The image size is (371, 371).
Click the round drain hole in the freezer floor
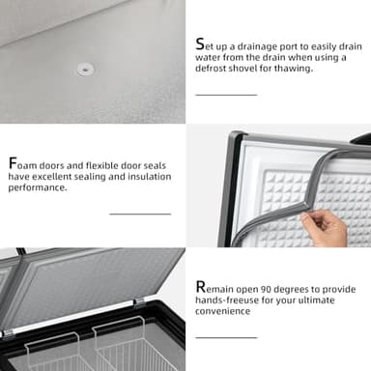pyautogui.click(x=85, y=70)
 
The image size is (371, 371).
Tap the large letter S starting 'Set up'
pyautogui.click(x=200, y=44)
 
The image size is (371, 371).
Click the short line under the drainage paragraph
pyautogui.click(x=226, y=95)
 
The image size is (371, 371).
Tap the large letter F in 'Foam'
pyautogui.click(x=13, y=163)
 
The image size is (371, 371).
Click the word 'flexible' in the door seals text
pyautogui.click(x=101, y=165)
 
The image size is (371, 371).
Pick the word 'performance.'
pyautogui.click(x=38, y=187)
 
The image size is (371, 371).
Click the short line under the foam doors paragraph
pyautogui.click(x=140, y=214)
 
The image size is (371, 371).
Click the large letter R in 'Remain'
pyautogui.click(x=200, y=287)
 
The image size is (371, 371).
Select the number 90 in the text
pyautogui.click(x=266, y=289)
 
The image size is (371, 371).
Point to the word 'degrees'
pyautogui.click(x=292, y=290)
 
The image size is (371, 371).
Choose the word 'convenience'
pyautogui.click(x=222, y=311)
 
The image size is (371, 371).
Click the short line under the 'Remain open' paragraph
pyautogui.click(x=226, y=337)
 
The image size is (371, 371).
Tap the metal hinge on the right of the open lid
pyautogui.click(x=139, y=302)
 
